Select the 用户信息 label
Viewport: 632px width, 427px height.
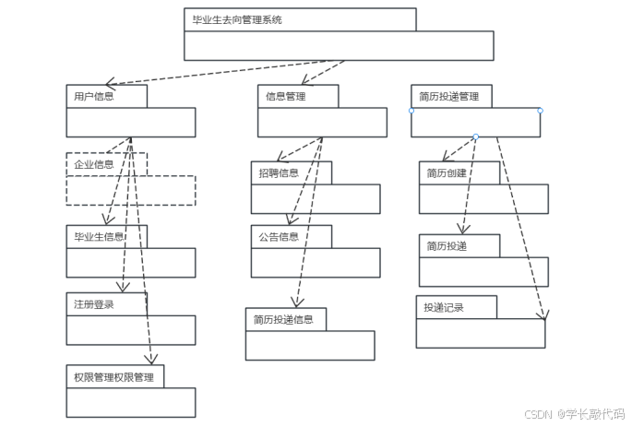[x=94, y=96]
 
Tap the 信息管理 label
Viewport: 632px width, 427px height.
[x=285, y=96]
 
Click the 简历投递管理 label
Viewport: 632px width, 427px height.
[x=448, y=96]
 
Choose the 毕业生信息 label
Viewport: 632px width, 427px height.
[x=100, y=236]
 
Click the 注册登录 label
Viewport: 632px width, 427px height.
[x=94, y=303]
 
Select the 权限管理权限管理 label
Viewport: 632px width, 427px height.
[x=113, y=376]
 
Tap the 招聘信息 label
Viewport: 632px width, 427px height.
[x=278, y=172]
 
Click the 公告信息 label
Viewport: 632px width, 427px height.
[x=278, y=237]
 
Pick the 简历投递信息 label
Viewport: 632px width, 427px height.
[x=284, y=319]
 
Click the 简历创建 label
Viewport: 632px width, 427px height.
[x=447, y=172]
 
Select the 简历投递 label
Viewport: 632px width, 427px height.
[x=447, y=245]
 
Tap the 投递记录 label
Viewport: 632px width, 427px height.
[x=444, y=307]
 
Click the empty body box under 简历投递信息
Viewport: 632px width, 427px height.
[x=310, y=345]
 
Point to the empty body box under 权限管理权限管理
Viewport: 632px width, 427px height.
[x=130, y=402]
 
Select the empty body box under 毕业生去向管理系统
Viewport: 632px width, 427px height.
[x=339, y=45]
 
